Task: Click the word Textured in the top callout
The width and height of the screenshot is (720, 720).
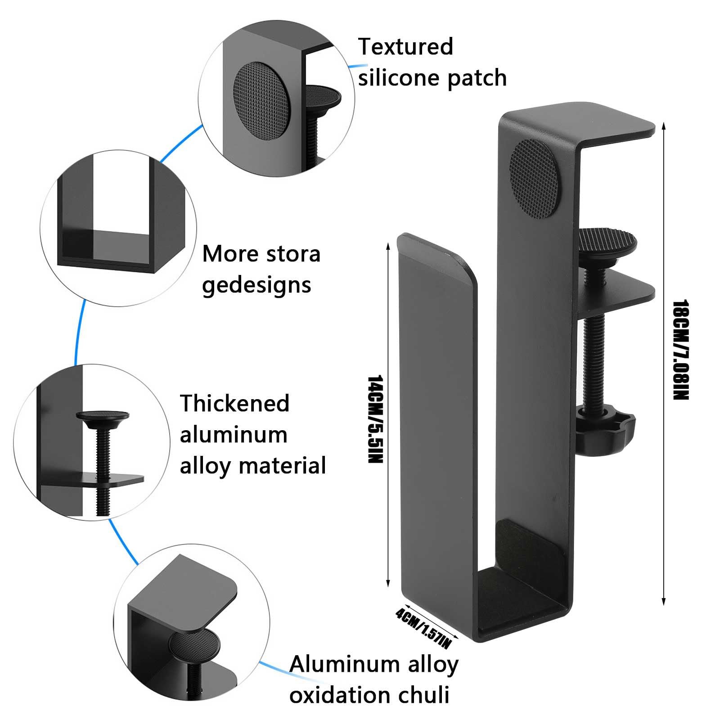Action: [x=405, y=47]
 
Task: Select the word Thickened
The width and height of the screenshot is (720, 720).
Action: [x=234, y=403]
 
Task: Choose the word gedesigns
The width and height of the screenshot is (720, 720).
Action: [x=256, y=285]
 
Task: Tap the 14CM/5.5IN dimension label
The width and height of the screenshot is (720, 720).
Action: [x=374, y=419]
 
